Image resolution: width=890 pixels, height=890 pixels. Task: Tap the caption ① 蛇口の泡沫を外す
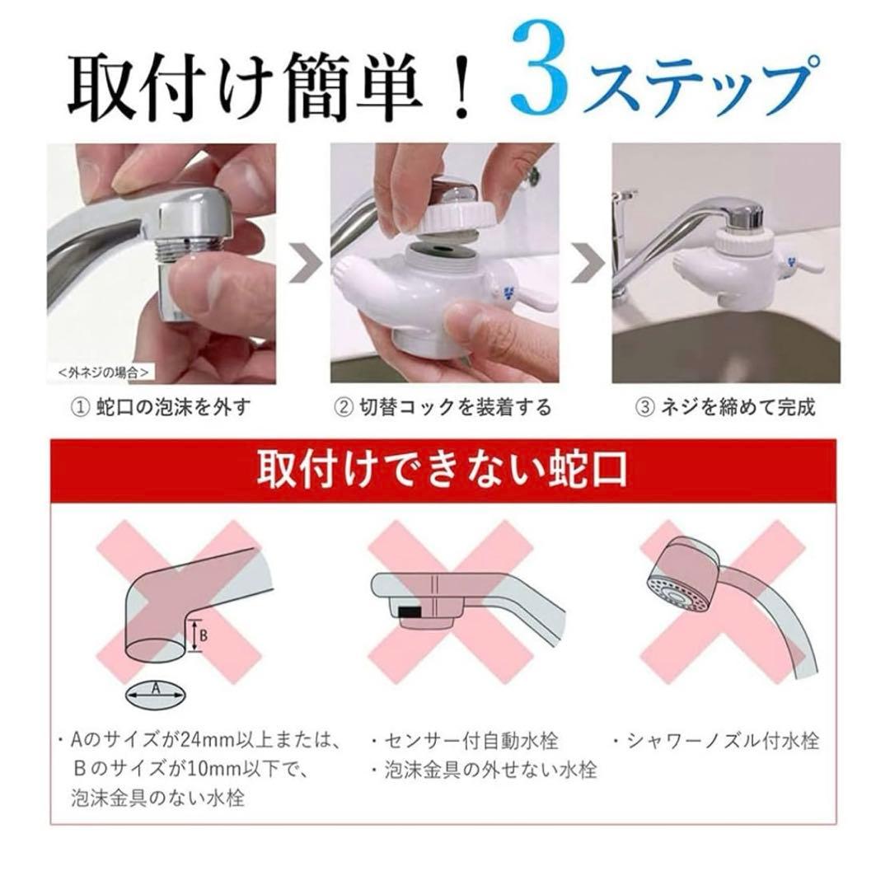(161, 406)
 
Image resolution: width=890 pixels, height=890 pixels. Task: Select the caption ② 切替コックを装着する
(443, 406)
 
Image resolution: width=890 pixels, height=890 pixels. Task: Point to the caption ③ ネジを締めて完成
(725, 406)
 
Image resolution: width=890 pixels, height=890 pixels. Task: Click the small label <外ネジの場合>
(104, 372)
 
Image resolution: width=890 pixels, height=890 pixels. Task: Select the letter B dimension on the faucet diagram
(202, 635)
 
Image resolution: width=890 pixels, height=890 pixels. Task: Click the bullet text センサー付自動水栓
(486, 741)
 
